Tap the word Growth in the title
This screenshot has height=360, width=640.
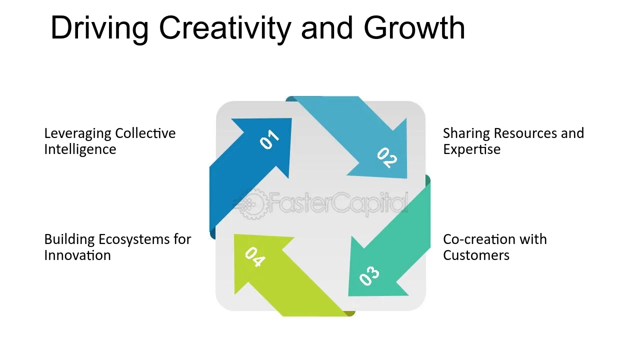click(414, 28)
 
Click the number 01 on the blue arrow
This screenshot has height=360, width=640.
click(269, 139)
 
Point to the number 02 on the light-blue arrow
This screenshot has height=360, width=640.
click(387, 157)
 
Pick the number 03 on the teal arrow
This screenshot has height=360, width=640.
click(369, 275)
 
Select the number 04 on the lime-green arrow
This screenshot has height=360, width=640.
click(255, 257)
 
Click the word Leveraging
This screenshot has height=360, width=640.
click(77, 133)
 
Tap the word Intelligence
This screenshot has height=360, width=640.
click(80, 149)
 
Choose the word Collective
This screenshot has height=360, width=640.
click(145, 133)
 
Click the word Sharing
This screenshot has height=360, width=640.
click(466, 133)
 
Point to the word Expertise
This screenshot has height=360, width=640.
click(471, 149)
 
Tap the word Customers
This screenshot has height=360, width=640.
click(476, 255)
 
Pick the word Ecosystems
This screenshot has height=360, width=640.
click(133, 239)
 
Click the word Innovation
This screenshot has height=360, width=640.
click(77, 255)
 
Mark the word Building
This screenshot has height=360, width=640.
click(69, 239)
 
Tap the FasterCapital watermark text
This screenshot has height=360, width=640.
click(338, 203)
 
